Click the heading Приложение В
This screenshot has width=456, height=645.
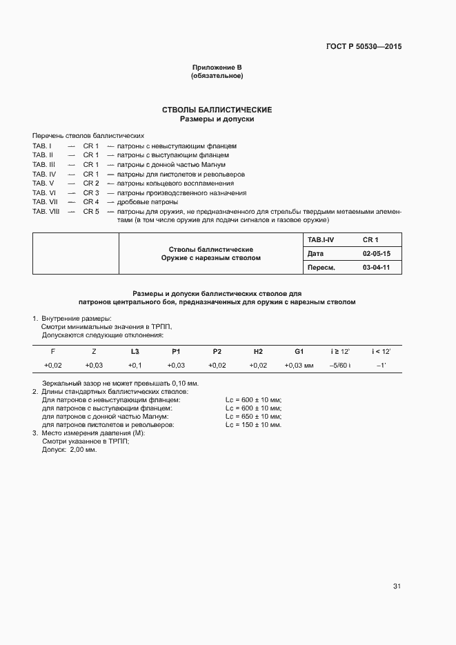click(217, 67)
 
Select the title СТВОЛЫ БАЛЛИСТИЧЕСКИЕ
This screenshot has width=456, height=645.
click(217, 110)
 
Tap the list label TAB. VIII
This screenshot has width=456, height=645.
click(45, 211)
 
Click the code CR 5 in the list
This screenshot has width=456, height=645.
click(91, 211)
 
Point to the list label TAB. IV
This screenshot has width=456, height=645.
click(43, 174)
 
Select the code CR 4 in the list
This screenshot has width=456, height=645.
click(91, 202)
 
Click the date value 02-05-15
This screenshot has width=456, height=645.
click(377, 254)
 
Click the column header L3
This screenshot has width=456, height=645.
click(135, 352)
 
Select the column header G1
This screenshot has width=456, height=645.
click(299, 352)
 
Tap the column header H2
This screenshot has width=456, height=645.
click(258, 352)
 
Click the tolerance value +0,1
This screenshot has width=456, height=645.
click(135, 366)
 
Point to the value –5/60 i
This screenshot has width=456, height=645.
click(340, 366)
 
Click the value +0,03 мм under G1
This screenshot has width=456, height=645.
click(299, 366)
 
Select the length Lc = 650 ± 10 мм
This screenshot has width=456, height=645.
click(254, 417)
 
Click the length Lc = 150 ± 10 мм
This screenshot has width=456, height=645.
click(254, 425)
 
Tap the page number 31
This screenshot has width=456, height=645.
click(397, 586)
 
